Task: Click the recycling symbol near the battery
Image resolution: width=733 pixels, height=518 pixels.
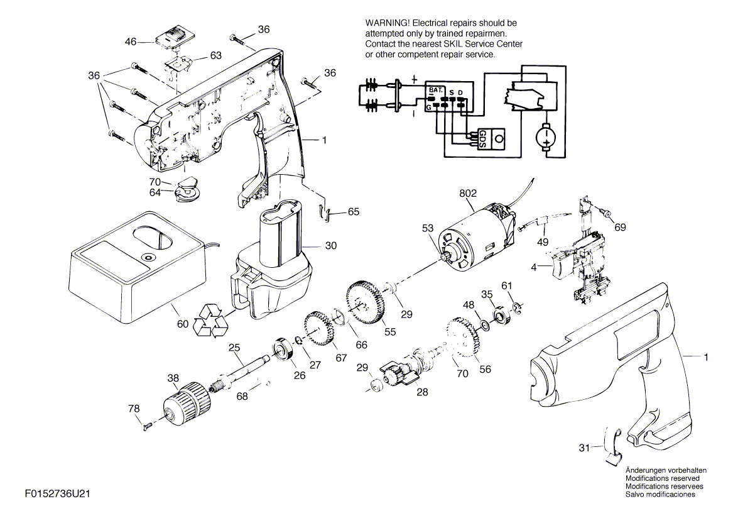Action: (x=212, y=318)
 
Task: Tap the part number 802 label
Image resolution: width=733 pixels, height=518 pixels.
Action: (x=468, y=194)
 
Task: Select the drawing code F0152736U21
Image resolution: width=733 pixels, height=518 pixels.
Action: (x=59, y=495)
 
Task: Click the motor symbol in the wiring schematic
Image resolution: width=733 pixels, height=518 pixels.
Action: (x=545, y=136)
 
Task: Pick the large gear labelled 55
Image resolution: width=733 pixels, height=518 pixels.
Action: (x=366, y=302)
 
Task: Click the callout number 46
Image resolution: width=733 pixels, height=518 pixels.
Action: (x=131, y=42)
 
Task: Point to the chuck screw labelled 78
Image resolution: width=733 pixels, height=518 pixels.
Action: (x=148, y=426)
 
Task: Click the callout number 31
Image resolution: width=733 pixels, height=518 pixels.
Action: (x=584, y=448)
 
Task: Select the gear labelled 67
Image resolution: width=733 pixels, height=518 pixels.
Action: (x=322, y=332)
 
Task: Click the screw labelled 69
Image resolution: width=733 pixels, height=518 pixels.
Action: (x=607, y=214)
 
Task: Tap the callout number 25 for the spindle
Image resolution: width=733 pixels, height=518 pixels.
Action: (x=234, y=347)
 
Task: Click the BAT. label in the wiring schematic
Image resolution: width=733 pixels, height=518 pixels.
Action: (x=435, y=91)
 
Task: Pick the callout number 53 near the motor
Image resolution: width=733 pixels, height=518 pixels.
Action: (x=427, y=229)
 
